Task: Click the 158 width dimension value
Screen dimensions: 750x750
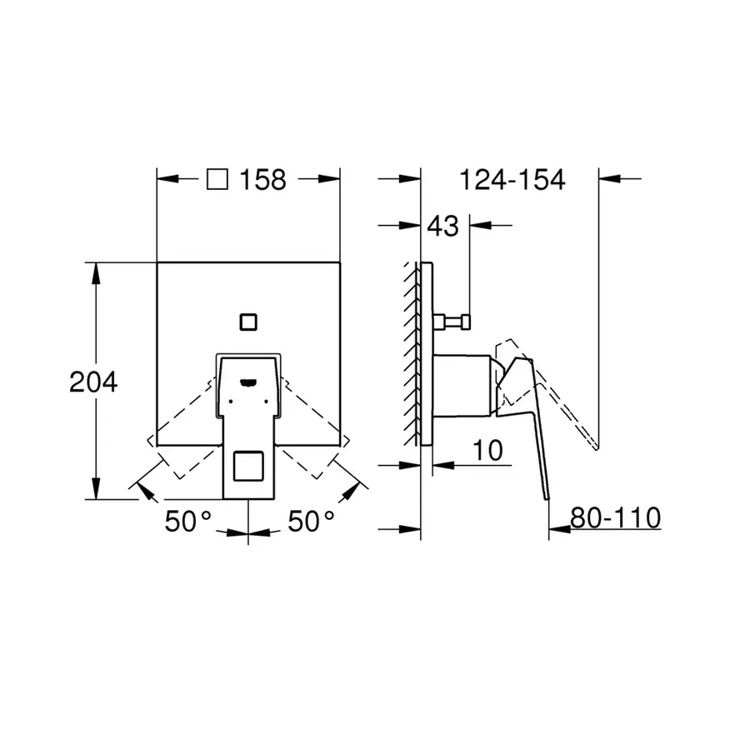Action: [x=262, y=178]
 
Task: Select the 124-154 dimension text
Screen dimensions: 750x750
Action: [x=512, y=178]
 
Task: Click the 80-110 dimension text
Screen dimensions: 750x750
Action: [x=615, y=517]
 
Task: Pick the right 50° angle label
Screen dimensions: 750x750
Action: [x=311, y=522]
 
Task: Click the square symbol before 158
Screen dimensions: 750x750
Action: [x=217, y=178]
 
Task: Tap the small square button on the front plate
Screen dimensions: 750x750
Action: [x=248, y=321]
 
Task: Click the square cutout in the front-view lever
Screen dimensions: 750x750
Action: [x=248, y=466]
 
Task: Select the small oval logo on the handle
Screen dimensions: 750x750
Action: [x=248, y=382]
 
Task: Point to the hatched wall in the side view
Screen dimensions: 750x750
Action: [x=411, y=350]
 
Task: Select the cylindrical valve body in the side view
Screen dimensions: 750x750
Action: [x=462, y=383]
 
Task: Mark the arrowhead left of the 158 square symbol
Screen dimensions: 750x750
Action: [x=167, y=178]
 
